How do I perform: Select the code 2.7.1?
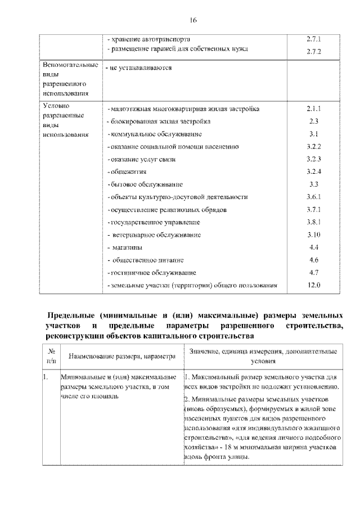pyautogui.click(x=314, y=40)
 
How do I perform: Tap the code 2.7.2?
pyautogui.click(x=314, y=52)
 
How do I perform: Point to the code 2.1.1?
pyautogui.click(x=314, y=108)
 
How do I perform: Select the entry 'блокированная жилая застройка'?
pyautogui.click(x=160, y=121)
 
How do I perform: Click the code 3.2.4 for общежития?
pyautogui.click(x=314, y=171)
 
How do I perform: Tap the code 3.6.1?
pyautogui.click(x=314, y=197)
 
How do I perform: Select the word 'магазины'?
pyautogui.click(x=127, y=247)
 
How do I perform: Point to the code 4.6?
pyautogui.click(x=314, y=260)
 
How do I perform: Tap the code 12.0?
pyautogui.click(x=314, y=285)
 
